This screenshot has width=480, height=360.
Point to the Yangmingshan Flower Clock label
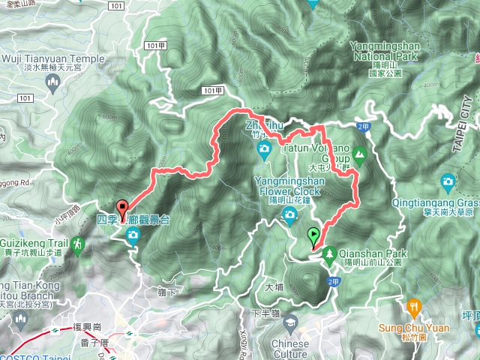coord(290,185)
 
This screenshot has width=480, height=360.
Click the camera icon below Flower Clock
coord(289,217)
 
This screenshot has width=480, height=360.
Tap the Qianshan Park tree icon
coord(330,256)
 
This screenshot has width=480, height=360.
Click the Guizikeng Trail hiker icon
coord(78,244)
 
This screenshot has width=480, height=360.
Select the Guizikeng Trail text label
coord(33,244)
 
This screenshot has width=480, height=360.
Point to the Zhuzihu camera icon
coord(264,150)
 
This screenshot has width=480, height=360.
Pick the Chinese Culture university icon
coord(290,324)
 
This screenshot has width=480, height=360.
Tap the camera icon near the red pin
coord(133,238)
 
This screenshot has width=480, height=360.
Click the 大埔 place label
coord(274,286)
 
